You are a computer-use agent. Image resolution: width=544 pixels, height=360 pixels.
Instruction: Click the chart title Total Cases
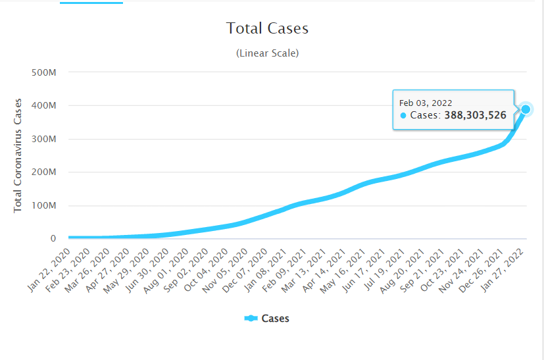pos(267,28)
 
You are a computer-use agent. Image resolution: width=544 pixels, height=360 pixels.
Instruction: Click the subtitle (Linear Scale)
pos(267,53)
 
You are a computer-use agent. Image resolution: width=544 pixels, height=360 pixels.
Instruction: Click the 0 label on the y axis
pos(52,239)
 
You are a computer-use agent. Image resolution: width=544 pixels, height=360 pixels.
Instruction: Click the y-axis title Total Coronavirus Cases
pos(18,155)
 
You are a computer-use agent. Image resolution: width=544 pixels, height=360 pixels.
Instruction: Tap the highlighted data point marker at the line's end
pos(526,109)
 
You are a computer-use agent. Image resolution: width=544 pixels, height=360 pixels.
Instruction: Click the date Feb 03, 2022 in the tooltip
pos(426,103)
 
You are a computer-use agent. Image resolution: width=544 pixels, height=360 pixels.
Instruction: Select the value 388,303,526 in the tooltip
pos(478,115)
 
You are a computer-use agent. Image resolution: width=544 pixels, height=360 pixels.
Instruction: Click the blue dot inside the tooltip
pos(403,116)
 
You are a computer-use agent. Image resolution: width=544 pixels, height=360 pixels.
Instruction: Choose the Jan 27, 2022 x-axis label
pos(510,265)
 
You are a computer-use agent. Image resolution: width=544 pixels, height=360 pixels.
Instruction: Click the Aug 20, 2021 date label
pos(406,265)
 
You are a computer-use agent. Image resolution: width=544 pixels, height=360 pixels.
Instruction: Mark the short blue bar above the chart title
pos(91,3)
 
